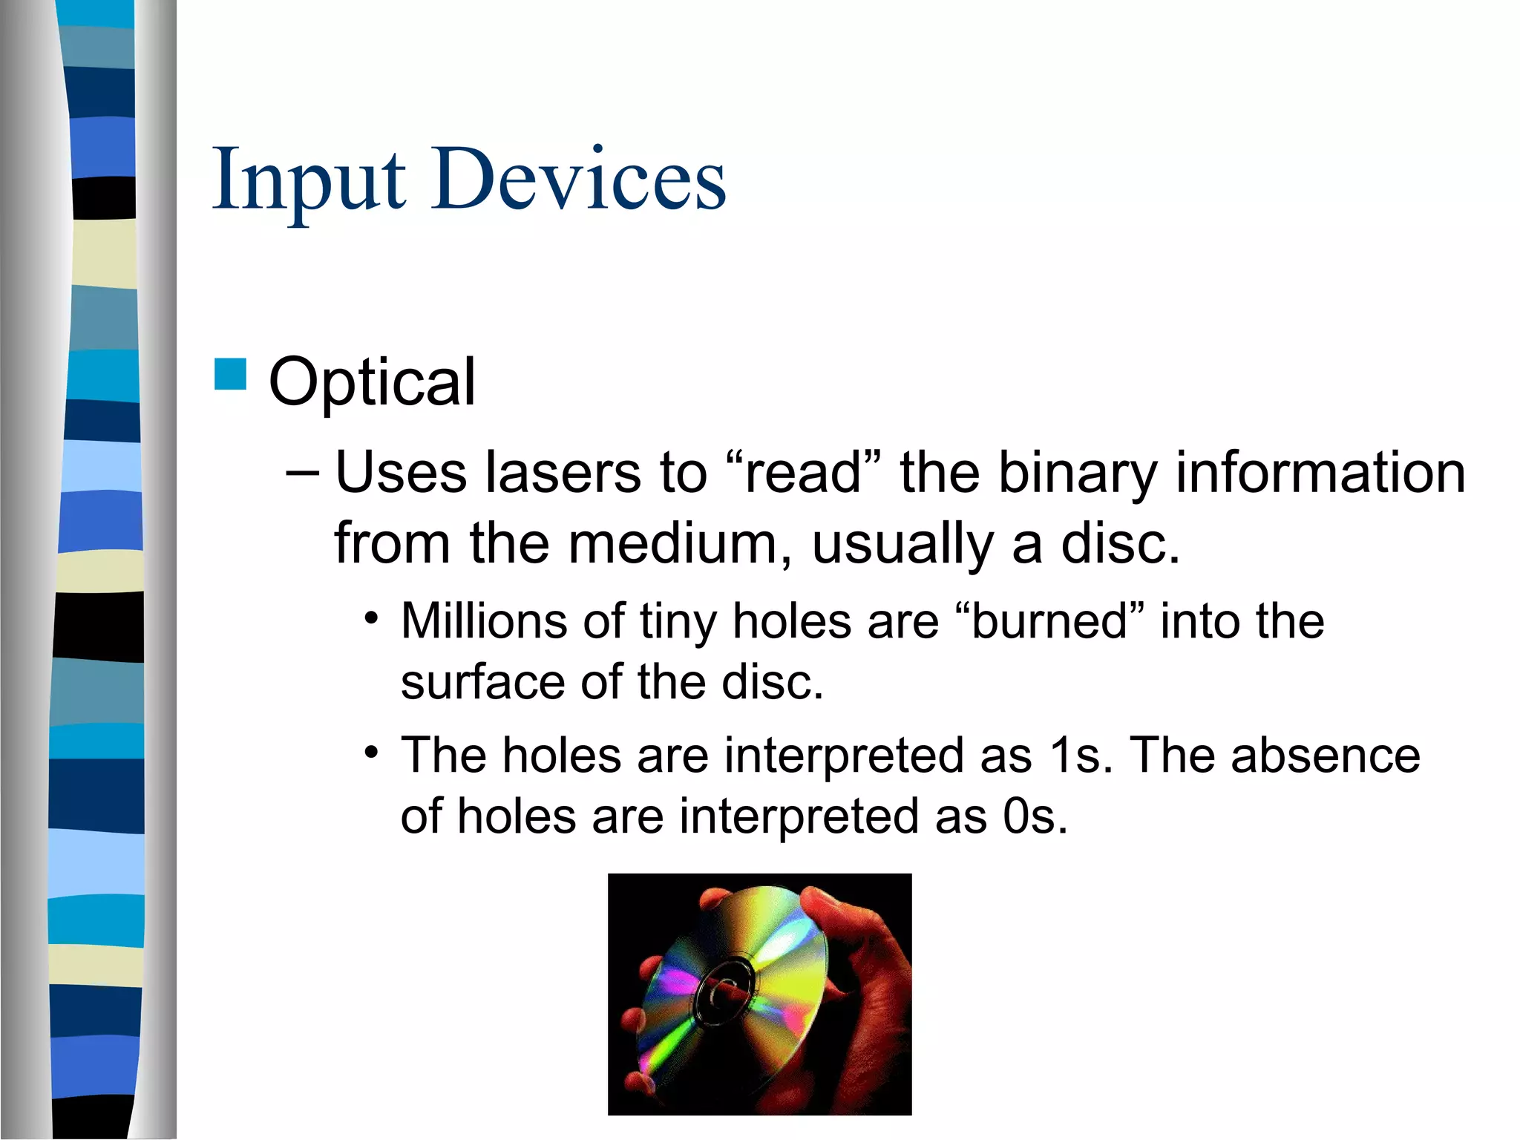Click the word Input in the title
(x=309, y=180)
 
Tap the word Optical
(x=372, y=381)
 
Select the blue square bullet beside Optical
(x=230, y=374)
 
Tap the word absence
(x=1326, y=756)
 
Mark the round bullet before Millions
(x=372, y=618)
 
